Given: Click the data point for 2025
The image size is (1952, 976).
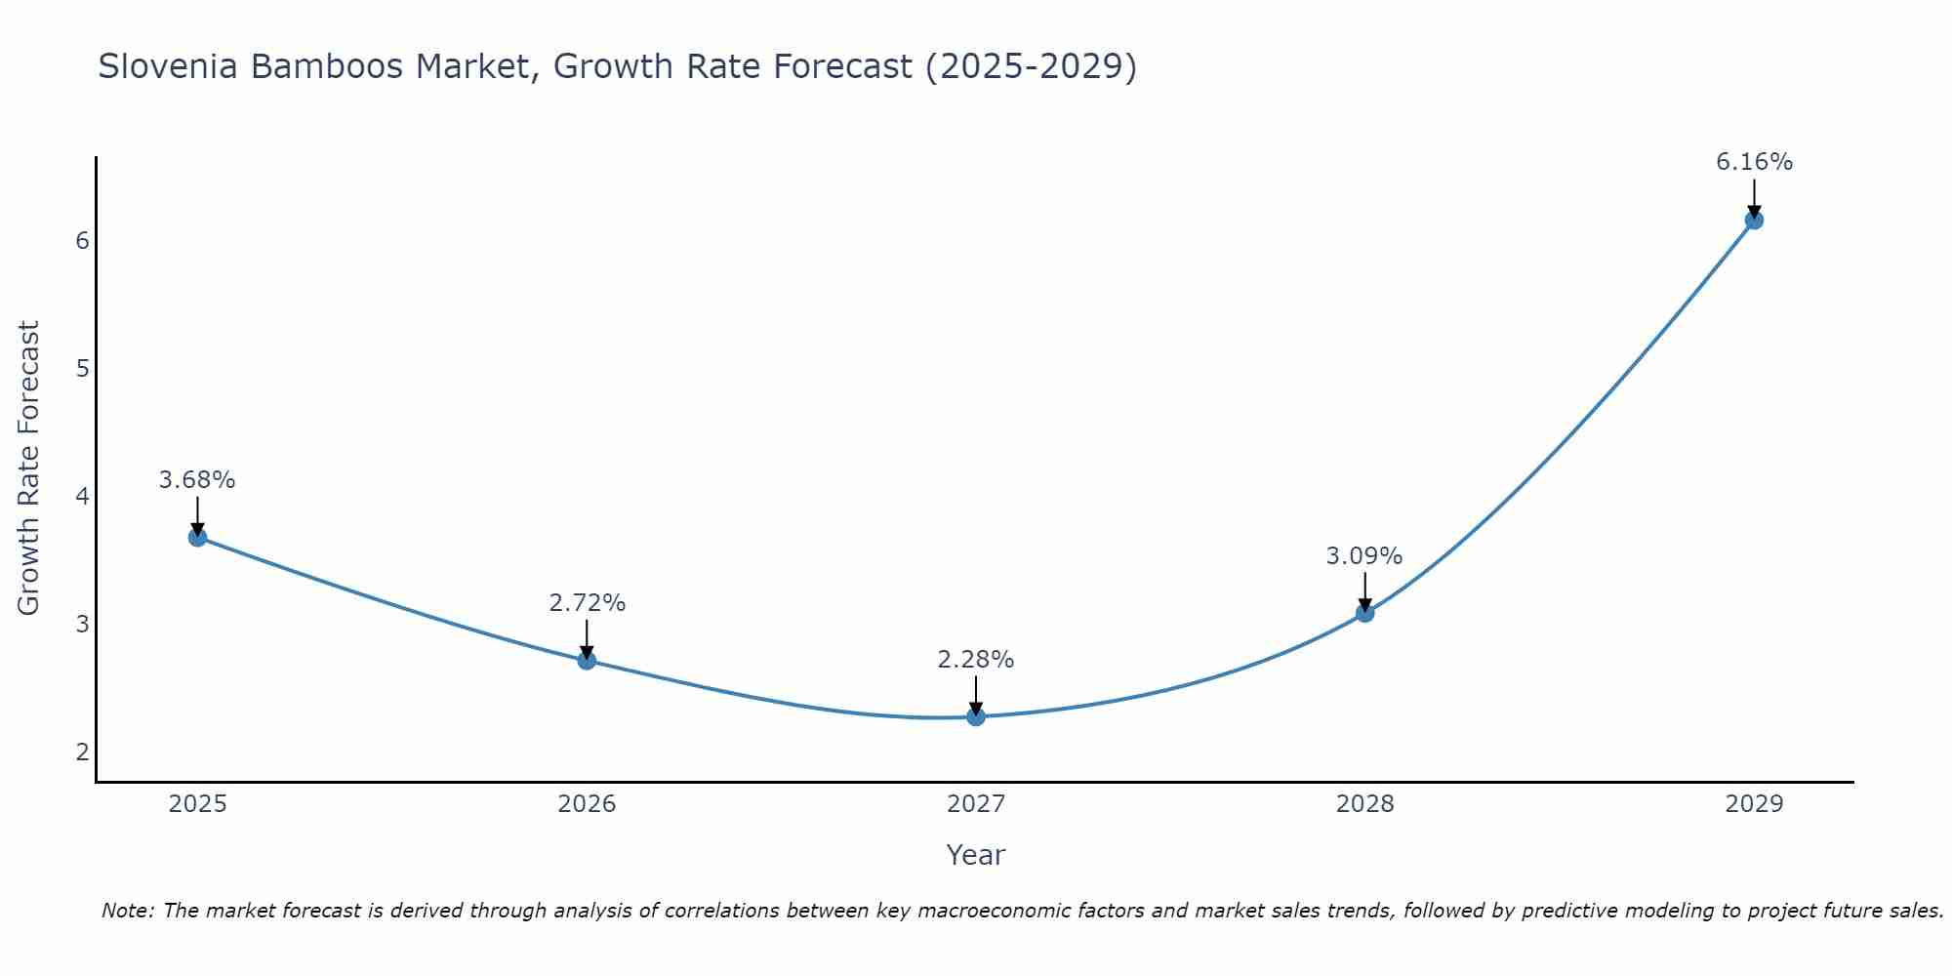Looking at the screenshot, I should tap(197, 537).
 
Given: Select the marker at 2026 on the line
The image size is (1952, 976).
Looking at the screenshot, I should tap(587, 660).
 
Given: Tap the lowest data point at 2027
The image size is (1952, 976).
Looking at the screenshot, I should tap(976, 716).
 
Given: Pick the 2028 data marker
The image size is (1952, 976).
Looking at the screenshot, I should tap(1364, 613).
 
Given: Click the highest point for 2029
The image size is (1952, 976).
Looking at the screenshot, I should tap(1754, 220).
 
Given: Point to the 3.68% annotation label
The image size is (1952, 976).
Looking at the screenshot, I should tap(197, 480).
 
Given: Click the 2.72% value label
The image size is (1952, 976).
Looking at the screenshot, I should tap(587, 603).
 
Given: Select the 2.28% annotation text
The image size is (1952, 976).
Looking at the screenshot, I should tap(976, 660).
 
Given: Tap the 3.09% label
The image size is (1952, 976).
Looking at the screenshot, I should tap(1364, 556).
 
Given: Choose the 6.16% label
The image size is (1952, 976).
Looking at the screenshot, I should tap(1754, 162).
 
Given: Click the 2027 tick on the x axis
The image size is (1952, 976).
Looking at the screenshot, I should tap(976, 804).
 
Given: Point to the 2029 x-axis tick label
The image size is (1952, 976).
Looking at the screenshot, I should tap(1754, 804).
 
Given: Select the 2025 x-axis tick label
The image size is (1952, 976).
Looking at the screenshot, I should tap(197, 804).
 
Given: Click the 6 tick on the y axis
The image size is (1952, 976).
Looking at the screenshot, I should tap(82, 240).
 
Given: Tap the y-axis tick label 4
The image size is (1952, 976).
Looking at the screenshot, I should tap(82, 496).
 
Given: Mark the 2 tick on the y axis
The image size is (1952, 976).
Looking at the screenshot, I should tap(82, 752).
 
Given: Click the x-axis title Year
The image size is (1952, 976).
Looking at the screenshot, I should tap(976, 855).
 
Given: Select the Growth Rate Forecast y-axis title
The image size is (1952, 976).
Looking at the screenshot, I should tap(29, 468).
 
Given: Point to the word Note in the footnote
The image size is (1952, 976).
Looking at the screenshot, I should tap(127, 911).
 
